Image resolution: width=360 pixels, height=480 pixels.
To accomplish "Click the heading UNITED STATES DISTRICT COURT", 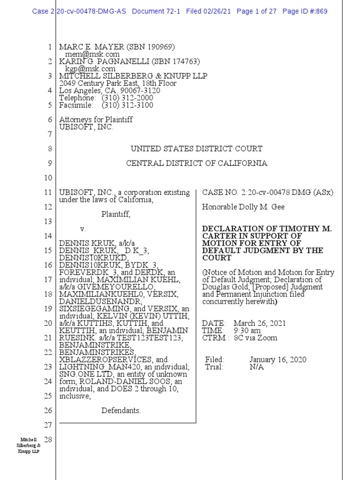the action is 196,149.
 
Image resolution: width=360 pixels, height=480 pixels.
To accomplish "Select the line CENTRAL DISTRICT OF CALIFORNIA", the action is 197,164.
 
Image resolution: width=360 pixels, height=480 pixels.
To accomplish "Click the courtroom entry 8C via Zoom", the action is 255,338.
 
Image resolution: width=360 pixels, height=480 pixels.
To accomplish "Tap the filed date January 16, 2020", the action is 278,360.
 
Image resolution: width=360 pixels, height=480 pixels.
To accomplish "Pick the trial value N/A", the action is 256,367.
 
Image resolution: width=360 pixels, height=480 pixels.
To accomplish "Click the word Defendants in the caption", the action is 121,411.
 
